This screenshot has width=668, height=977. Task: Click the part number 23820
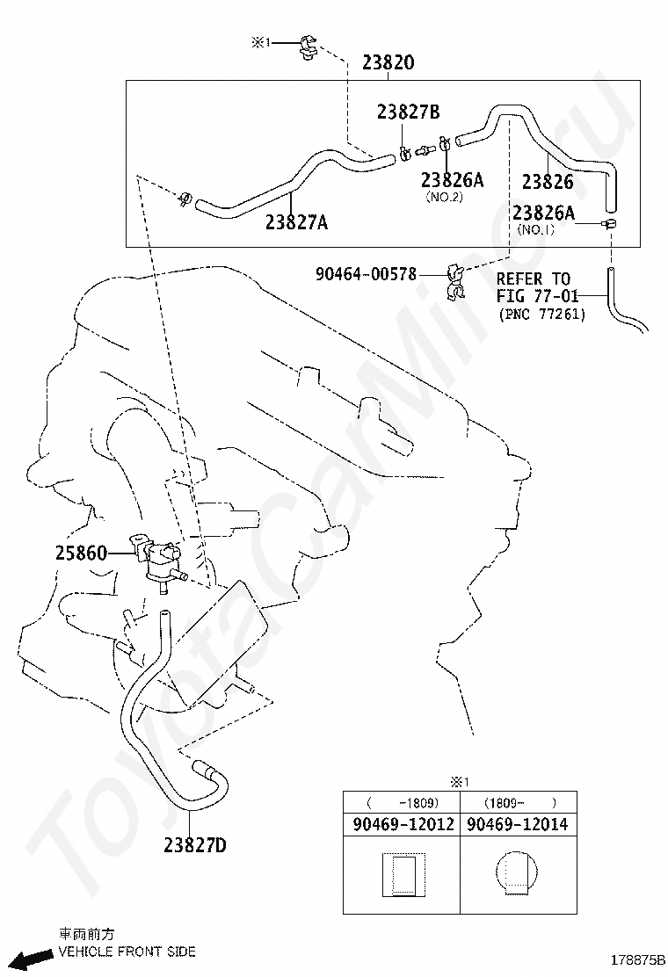[388, 62]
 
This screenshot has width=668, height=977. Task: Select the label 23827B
[408, 112]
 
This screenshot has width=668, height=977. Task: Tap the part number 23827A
[296, 221]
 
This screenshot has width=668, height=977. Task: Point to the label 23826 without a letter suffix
[548, 181]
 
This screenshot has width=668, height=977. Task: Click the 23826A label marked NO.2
[452, 180]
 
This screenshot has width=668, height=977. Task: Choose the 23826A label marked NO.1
[543, 213]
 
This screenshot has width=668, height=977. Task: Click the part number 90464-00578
[366, 273]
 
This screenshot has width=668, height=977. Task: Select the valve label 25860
[81, 553]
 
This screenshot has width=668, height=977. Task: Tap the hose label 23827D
[195, 845]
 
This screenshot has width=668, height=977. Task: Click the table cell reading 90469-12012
[403, 824]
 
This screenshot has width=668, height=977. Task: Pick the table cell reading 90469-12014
[517, 824]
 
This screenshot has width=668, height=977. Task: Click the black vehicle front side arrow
[33, 958]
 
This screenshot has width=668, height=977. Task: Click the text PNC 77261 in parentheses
[542, 314]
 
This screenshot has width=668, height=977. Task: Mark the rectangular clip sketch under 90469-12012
[403, 875]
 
